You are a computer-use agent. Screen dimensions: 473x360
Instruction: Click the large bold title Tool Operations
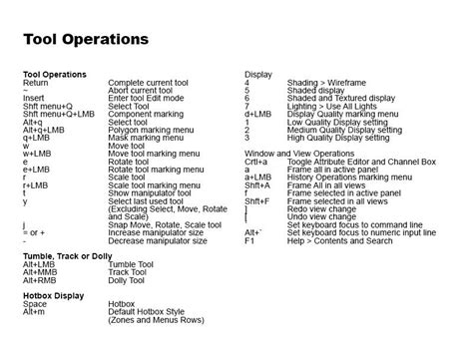(86, 40)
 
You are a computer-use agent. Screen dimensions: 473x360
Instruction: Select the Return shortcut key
(35, 83)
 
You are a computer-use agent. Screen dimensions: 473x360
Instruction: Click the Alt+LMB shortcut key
(40, 264)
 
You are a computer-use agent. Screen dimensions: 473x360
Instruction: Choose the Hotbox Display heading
(54, 296)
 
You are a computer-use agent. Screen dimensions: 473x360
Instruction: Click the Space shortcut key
(34, 305)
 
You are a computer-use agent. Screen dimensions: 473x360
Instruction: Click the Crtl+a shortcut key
(256, 161)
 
